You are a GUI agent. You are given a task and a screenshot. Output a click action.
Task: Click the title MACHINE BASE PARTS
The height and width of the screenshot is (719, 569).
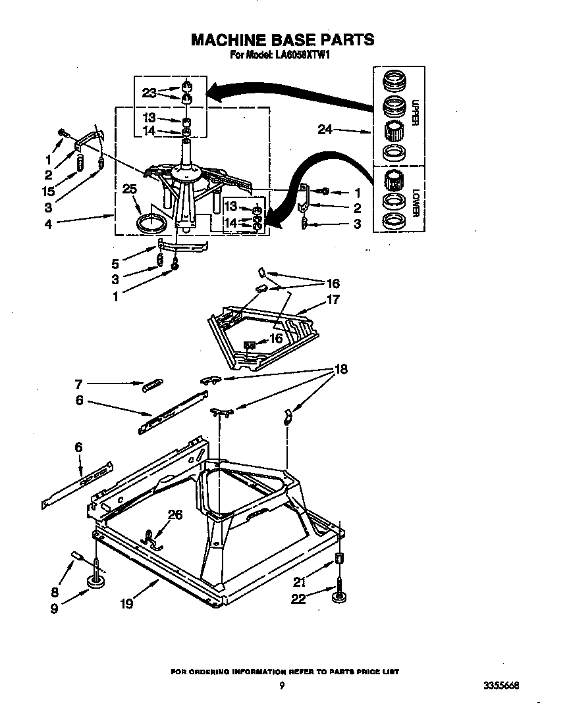click(283, 39)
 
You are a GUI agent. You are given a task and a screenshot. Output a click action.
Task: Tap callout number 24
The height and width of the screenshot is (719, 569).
click(325, 130)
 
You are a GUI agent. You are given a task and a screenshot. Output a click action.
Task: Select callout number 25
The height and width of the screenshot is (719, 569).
click(130, 189)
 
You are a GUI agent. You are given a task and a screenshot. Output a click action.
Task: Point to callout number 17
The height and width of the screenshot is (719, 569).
click(333, 299)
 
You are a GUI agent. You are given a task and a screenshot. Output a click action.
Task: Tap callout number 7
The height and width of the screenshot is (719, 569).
click(78, 383)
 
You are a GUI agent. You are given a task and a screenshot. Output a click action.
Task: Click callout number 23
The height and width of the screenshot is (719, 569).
click(149, 93)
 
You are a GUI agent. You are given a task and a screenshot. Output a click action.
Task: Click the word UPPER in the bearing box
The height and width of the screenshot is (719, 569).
click(416, 112)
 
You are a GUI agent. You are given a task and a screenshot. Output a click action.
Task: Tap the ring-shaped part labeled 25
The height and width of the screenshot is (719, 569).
click(151, 222)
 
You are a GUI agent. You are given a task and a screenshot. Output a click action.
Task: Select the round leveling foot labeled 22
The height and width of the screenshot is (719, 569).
click(339, 597)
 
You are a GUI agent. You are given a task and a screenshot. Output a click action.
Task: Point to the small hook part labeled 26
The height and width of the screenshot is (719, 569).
click(152, 537)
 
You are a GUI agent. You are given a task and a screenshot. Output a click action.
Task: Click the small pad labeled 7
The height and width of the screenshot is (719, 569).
click(152, 385)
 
